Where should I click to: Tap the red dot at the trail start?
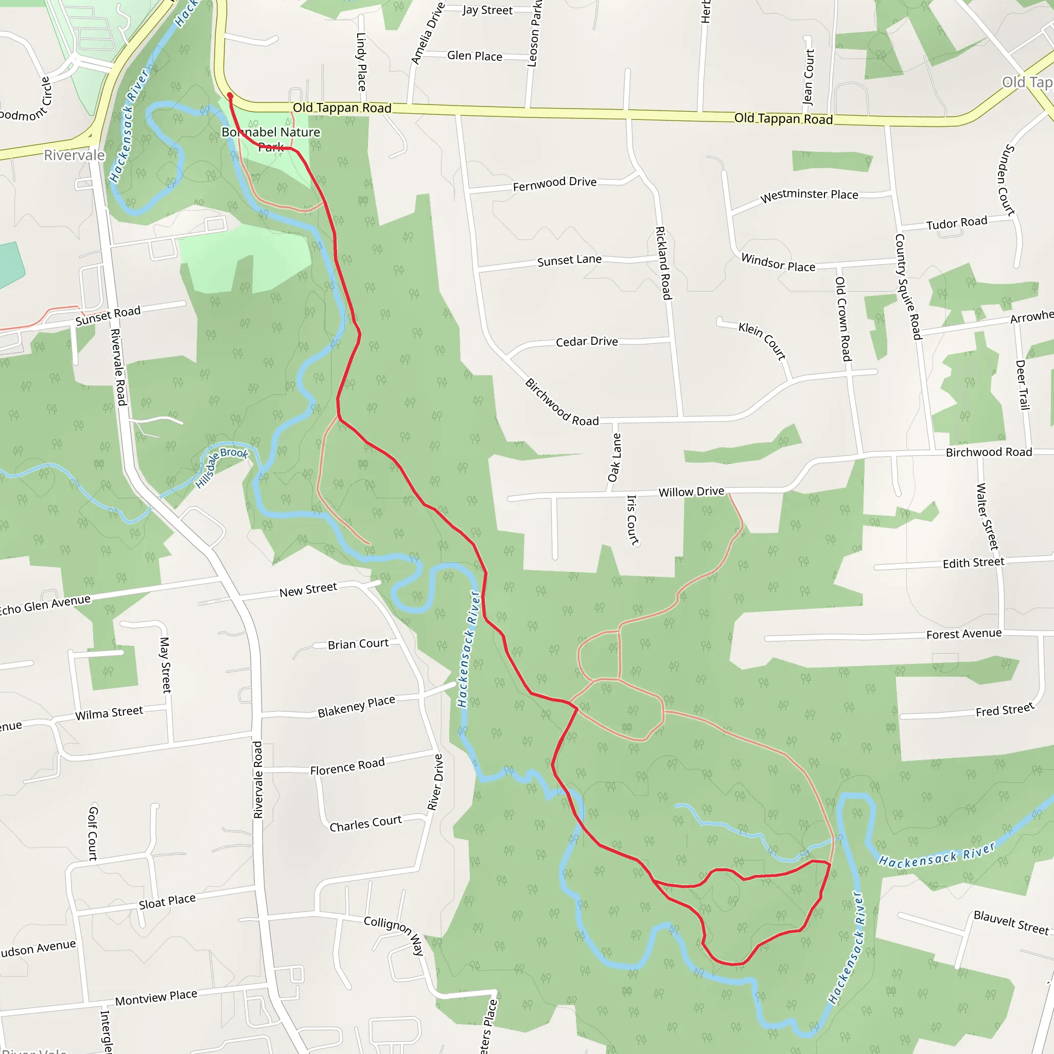230,96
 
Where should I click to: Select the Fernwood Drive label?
554,184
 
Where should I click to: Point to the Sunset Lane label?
569,260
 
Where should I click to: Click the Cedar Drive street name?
587,342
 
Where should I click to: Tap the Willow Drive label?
691,491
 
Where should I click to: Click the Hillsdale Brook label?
221,466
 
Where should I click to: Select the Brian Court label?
358,644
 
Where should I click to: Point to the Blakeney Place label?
356,707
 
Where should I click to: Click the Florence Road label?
347,766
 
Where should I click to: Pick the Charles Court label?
365,823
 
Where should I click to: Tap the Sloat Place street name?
167,901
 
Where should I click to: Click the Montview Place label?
156,997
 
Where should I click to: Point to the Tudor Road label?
956,222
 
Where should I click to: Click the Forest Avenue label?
963,634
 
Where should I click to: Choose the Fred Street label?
1005,710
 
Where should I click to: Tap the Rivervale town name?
74,155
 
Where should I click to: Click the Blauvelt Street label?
1010,923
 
